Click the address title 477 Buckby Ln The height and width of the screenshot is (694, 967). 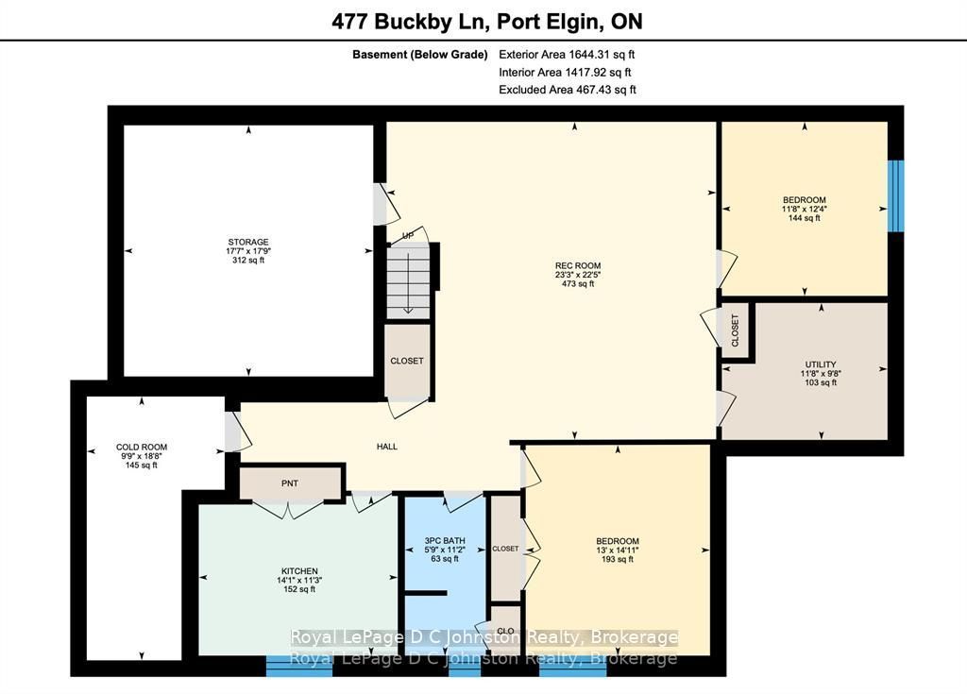[410, 22]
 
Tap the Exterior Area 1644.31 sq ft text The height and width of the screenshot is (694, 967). [567, 54]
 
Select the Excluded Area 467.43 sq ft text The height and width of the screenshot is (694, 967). [568, 90]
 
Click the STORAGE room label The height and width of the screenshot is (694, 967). [248, 242]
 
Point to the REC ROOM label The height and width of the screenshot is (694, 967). [578, 266]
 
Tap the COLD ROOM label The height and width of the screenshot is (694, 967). [142, 448]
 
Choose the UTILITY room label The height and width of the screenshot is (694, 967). [821, 364]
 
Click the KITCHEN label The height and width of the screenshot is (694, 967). [299, 571]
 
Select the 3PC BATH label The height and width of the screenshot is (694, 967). [445, 540]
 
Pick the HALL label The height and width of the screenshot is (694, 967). [387, 447]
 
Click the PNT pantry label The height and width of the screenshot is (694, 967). [290, 483]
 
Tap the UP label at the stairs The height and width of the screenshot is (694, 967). [408, 236]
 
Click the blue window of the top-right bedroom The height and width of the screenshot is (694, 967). [895, 195]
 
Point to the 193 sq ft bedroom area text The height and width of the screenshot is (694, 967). [618, 559]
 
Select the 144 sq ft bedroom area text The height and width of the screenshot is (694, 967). [805, 218]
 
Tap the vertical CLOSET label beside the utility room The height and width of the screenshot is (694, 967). [735, 330]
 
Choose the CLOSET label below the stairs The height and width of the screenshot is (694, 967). [407, 361]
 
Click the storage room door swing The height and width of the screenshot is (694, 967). [386, 204]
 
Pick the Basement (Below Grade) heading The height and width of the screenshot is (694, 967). [420, 54]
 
